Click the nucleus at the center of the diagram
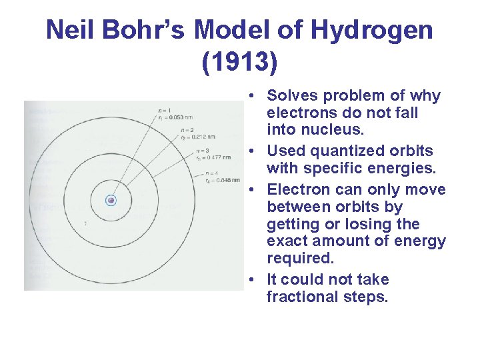111,200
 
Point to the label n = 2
175,130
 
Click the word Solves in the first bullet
291,96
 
